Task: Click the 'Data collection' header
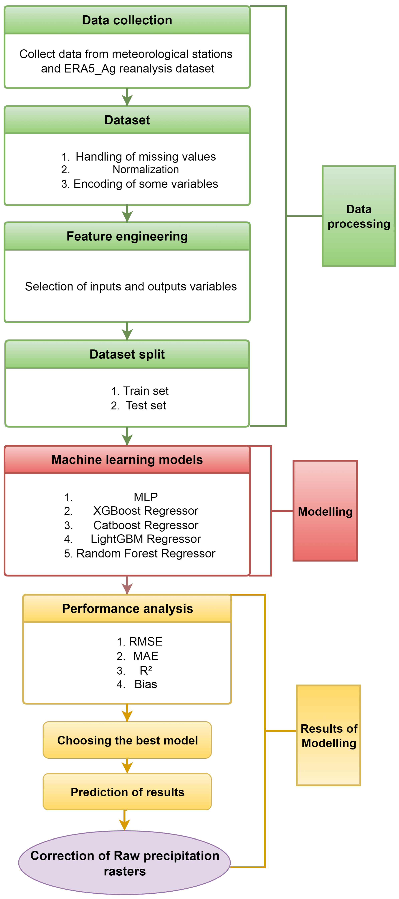coord(127,20)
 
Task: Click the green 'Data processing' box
coord(358,216)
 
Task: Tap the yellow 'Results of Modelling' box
coord(328,735)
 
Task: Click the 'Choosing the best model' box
coord(127,740)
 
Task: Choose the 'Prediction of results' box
coord(127,792)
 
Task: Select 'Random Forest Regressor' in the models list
coord(146,553)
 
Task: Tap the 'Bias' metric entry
coord(146,684)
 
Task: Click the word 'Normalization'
coord(146,169)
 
